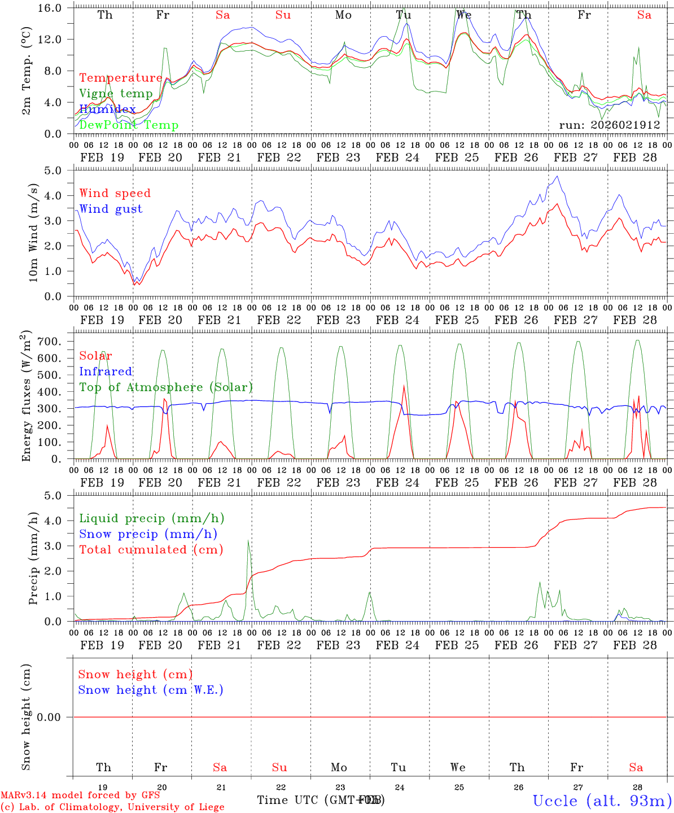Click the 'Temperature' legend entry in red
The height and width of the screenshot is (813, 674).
coord(121,78)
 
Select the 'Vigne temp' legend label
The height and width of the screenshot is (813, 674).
coord(116,94)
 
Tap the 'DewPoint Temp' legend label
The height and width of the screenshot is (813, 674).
coord(129,125)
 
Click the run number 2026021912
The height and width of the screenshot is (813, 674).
coord(610,125)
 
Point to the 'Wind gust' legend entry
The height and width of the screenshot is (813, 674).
coord(111,209)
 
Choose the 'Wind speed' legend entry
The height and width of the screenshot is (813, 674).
coord(115,193)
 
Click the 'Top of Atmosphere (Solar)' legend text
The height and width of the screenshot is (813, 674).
coord(166,387)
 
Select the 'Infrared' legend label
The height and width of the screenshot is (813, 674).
coord(106,371)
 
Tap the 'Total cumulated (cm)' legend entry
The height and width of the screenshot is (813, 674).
coord(151,549)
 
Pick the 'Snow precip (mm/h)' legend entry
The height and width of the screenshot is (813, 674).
coord(148,534)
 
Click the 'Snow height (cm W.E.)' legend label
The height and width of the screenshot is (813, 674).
coord(151,690)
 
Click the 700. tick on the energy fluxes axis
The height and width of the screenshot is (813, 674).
coord(58,342)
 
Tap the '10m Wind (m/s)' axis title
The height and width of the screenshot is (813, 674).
coord(33,232)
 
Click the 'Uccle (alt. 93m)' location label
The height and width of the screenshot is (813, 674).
coord(602,801)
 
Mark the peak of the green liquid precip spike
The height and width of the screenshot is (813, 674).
coord(248,540)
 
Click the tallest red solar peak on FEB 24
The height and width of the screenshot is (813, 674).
coord(404,386)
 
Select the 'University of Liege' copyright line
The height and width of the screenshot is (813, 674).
coord(113,807)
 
